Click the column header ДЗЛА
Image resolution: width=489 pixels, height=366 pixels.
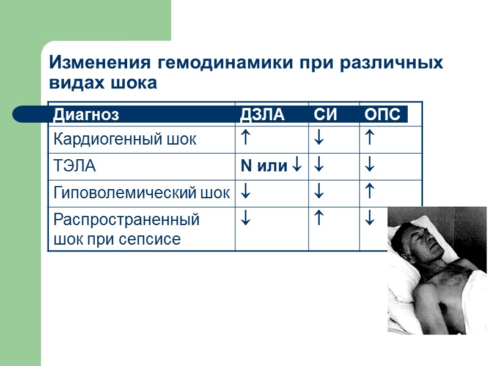pos(262,114)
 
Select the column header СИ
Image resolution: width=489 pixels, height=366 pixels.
pos(325,114)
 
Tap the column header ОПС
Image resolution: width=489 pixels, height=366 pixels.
pos(382,114)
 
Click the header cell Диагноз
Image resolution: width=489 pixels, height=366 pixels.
pos(86,114)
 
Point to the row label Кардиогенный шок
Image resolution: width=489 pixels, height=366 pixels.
pos(125,139)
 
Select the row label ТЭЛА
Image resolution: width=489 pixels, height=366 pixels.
pos(75,165)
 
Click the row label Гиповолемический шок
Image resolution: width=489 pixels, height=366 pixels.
pos(142,193)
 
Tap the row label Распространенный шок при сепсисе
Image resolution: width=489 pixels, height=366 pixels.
pos(127,229)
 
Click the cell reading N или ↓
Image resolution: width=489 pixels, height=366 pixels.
pos(270,165)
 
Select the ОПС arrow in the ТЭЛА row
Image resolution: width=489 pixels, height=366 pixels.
pos(369,165)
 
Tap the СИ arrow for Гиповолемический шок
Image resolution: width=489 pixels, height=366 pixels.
pos(318,193)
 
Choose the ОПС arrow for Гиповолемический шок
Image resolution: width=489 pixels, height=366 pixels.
pos(369,192)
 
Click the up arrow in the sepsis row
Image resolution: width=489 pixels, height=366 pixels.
pos(318,218)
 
